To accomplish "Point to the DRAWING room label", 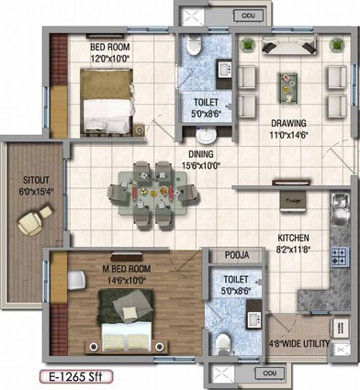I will pyautogui.click(x=287, y=123).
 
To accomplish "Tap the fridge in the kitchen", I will pyautogui.click(x=294, y=207).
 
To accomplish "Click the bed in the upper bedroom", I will pyautogui.click(x=108, y=102).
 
